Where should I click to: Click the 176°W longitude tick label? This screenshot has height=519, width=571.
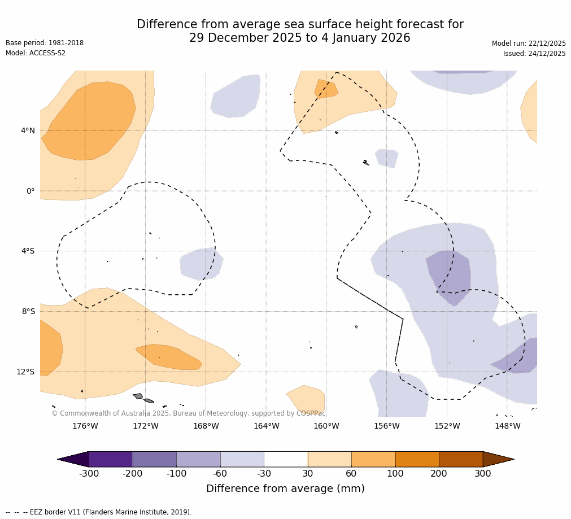pos(85,426)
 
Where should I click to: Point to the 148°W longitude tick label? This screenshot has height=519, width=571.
pos(507,426)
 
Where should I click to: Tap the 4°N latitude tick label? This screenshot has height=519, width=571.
pos(28,130)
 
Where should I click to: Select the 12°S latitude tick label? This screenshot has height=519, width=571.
pos(25,372)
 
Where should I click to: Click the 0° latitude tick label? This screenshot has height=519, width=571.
pos(30,191)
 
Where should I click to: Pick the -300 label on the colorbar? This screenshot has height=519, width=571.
pos(89,473)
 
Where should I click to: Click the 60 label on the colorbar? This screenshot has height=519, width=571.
pos(351,473)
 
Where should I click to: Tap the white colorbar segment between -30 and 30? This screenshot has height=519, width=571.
pos(286,459)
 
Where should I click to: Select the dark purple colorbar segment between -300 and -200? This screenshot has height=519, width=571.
pos(111,459)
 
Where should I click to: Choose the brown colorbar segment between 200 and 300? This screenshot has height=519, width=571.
pos(461,459)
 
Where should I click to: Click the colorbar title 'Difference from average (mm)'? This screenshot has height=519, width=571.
pos(285,489)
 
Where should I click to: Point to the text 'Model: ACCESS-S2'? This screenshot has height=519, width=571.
pos(36,53)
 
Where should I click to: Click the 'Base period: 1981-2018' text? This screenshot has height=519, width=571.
pos(45,43)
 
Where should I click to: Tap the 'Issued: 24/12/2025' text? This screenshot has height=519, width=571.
pos(534,54)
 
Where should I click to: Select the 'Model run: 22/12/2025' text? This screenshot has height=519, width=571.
pos(529,43)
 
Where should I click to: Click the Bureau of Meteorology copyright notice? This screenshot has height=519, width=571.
pos(188,413)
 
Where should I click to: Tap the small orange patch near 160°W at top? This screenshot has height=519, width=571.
pos(325,89)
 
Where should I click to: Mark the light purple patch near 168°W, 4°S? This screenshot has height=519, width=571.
pos(201,264)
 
